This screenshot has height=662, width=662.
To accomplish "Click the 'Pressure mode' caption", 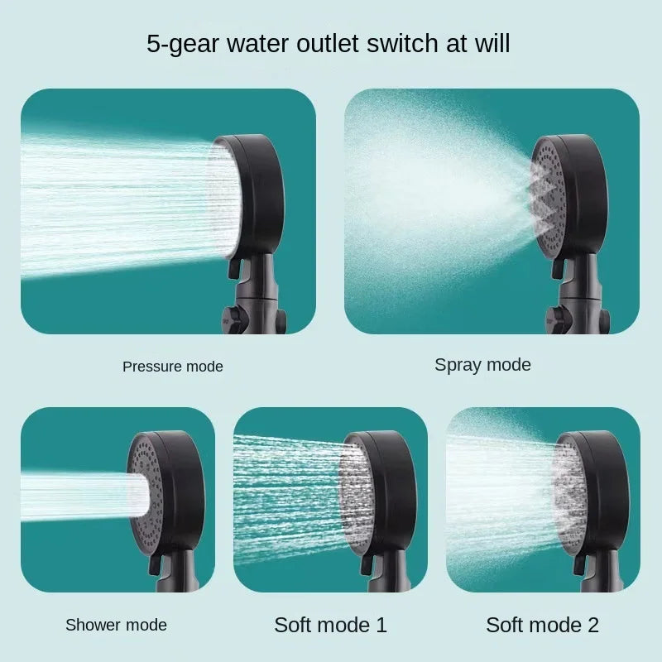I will pos(173,366).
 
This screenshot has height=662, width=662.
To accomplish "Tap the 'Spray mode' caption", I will pos(482,364).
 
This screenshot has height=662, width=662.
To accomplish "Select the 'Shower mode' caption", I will pos(116,625).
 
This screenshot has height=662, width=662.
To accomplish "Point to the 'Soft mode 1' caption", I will pos(330,624).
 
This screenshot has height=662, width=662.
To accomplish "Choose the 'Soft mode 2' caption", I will pos(542,624).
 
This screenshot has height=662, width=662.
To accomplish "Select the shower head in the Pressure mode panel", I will pos(247,194).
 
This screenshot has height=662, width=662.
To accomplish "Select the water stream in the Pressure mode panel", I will pos(116,199).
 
